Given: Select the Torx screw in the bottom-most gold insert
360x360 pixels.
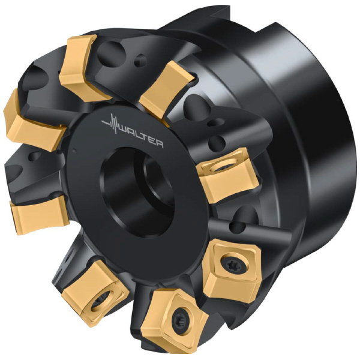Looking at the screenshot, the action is click(181, 320).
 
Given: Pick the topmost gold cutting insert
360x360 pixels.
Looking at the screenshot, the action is click(80, 68).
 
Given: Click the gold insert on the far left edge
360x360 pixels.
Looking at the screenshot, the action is click(32, 124).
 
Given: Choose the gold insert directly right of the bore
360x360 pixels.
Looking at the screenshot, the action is click(227, 176).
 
